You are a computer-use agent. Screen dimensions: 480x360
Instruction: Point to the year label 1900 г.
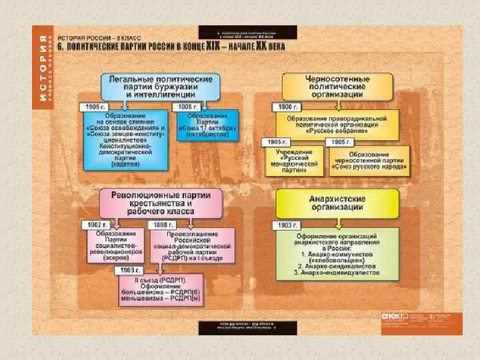[x=285, y=107]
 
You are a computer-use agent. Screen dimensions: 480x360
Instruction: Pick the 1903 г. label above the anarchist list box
[x=284, y=225]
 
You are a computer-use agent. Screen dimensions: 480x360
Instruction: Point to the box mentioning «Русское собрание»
[x=337, y=125]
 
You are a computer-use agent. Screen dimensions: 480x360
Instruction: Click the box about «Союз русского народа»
[x=364, y=160]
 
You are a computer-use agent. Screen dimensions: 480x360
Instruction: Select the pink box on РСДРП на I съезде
[x=193, y=245]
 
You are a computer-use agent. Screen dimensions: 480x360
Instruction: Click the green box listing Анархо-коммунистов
[x=337, y=253]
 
